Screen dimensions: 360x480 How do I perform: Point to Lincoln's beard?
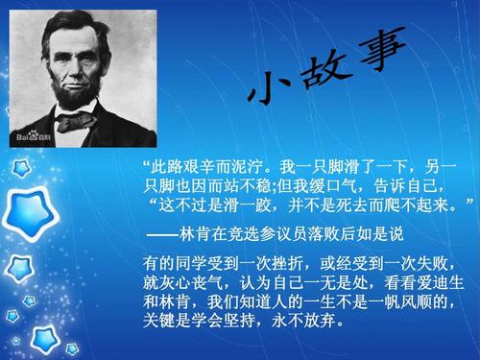pyautogui.click(x=79, y=97)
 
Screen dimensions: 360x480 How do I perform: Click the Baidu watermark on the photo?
pyautogui.click(x=29, y=136)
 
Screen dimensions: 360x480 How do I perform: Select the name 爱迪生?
pyautogui.click(x=440, y=283)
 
